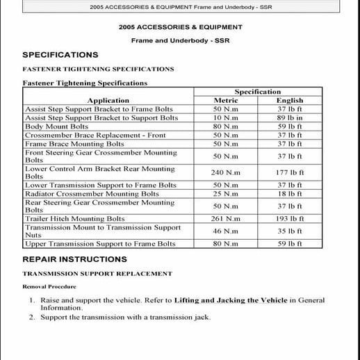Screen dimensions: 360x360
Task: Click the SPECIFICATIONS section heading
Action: [60, 55]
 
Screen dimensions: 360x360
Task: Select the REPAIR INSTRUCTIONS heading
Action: [74, 259]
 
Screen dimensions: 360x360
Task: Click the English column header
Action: [290, 101]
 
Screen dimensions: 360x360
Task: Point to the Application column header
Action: [108, 101]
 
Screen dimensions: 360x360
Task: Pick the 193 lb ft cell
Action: [290, 219]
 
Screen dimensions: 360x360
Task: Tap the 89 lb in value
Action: [290, 118]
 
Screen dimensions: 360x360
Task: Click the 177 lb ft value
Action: [290, 172]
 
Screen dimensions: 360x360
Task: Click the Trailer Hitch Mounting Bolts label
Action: [75, 219]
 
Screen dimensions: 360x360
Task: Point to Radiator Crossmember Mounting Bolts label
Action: [92, 194]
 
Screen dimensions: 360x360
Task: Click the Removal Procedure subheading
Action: [49, 286]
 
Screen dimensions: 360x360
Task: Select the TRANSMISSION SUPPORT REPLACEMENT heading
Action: [97, 274]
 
